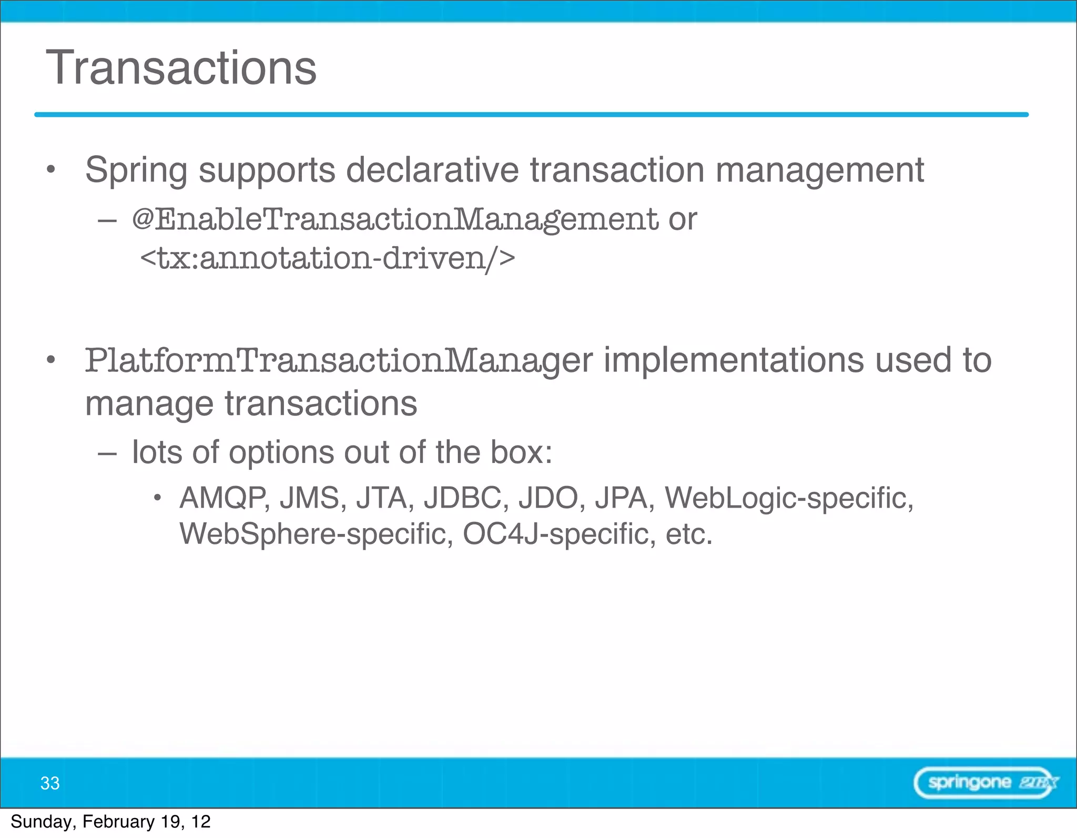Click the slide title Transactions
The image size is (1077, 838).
pyautogui.click(x=181, y=68)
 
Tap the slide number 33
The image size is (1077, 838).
pyautogui.click(x=50, y=783)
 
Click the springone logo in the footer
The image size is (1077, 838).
pyautogui.click(x=985, y=783)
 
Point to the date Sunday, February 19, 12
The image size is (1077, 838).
pyautogui.click(x=110, y=822)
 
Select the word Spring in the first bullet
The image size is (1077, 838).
pyautogui.click(x=136, y=170)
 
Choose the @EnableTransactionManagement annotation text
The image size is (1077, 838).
pyautogui.click(x=394, y=219)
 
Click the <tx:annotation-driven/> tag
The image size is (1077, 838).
pyautogui.click(x=327, y=258)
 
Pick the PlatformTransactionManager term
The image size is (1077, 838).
pyautogui.click(x=339, y=361)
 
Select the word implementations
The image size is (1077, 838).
pyautogui.click(x=734, y=360)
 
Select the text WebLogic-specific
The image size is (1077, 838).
pyautogui.click(x=789, y=498)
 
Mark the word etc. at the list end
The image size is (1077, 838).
pyautogui.click(x=689, y=534)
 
